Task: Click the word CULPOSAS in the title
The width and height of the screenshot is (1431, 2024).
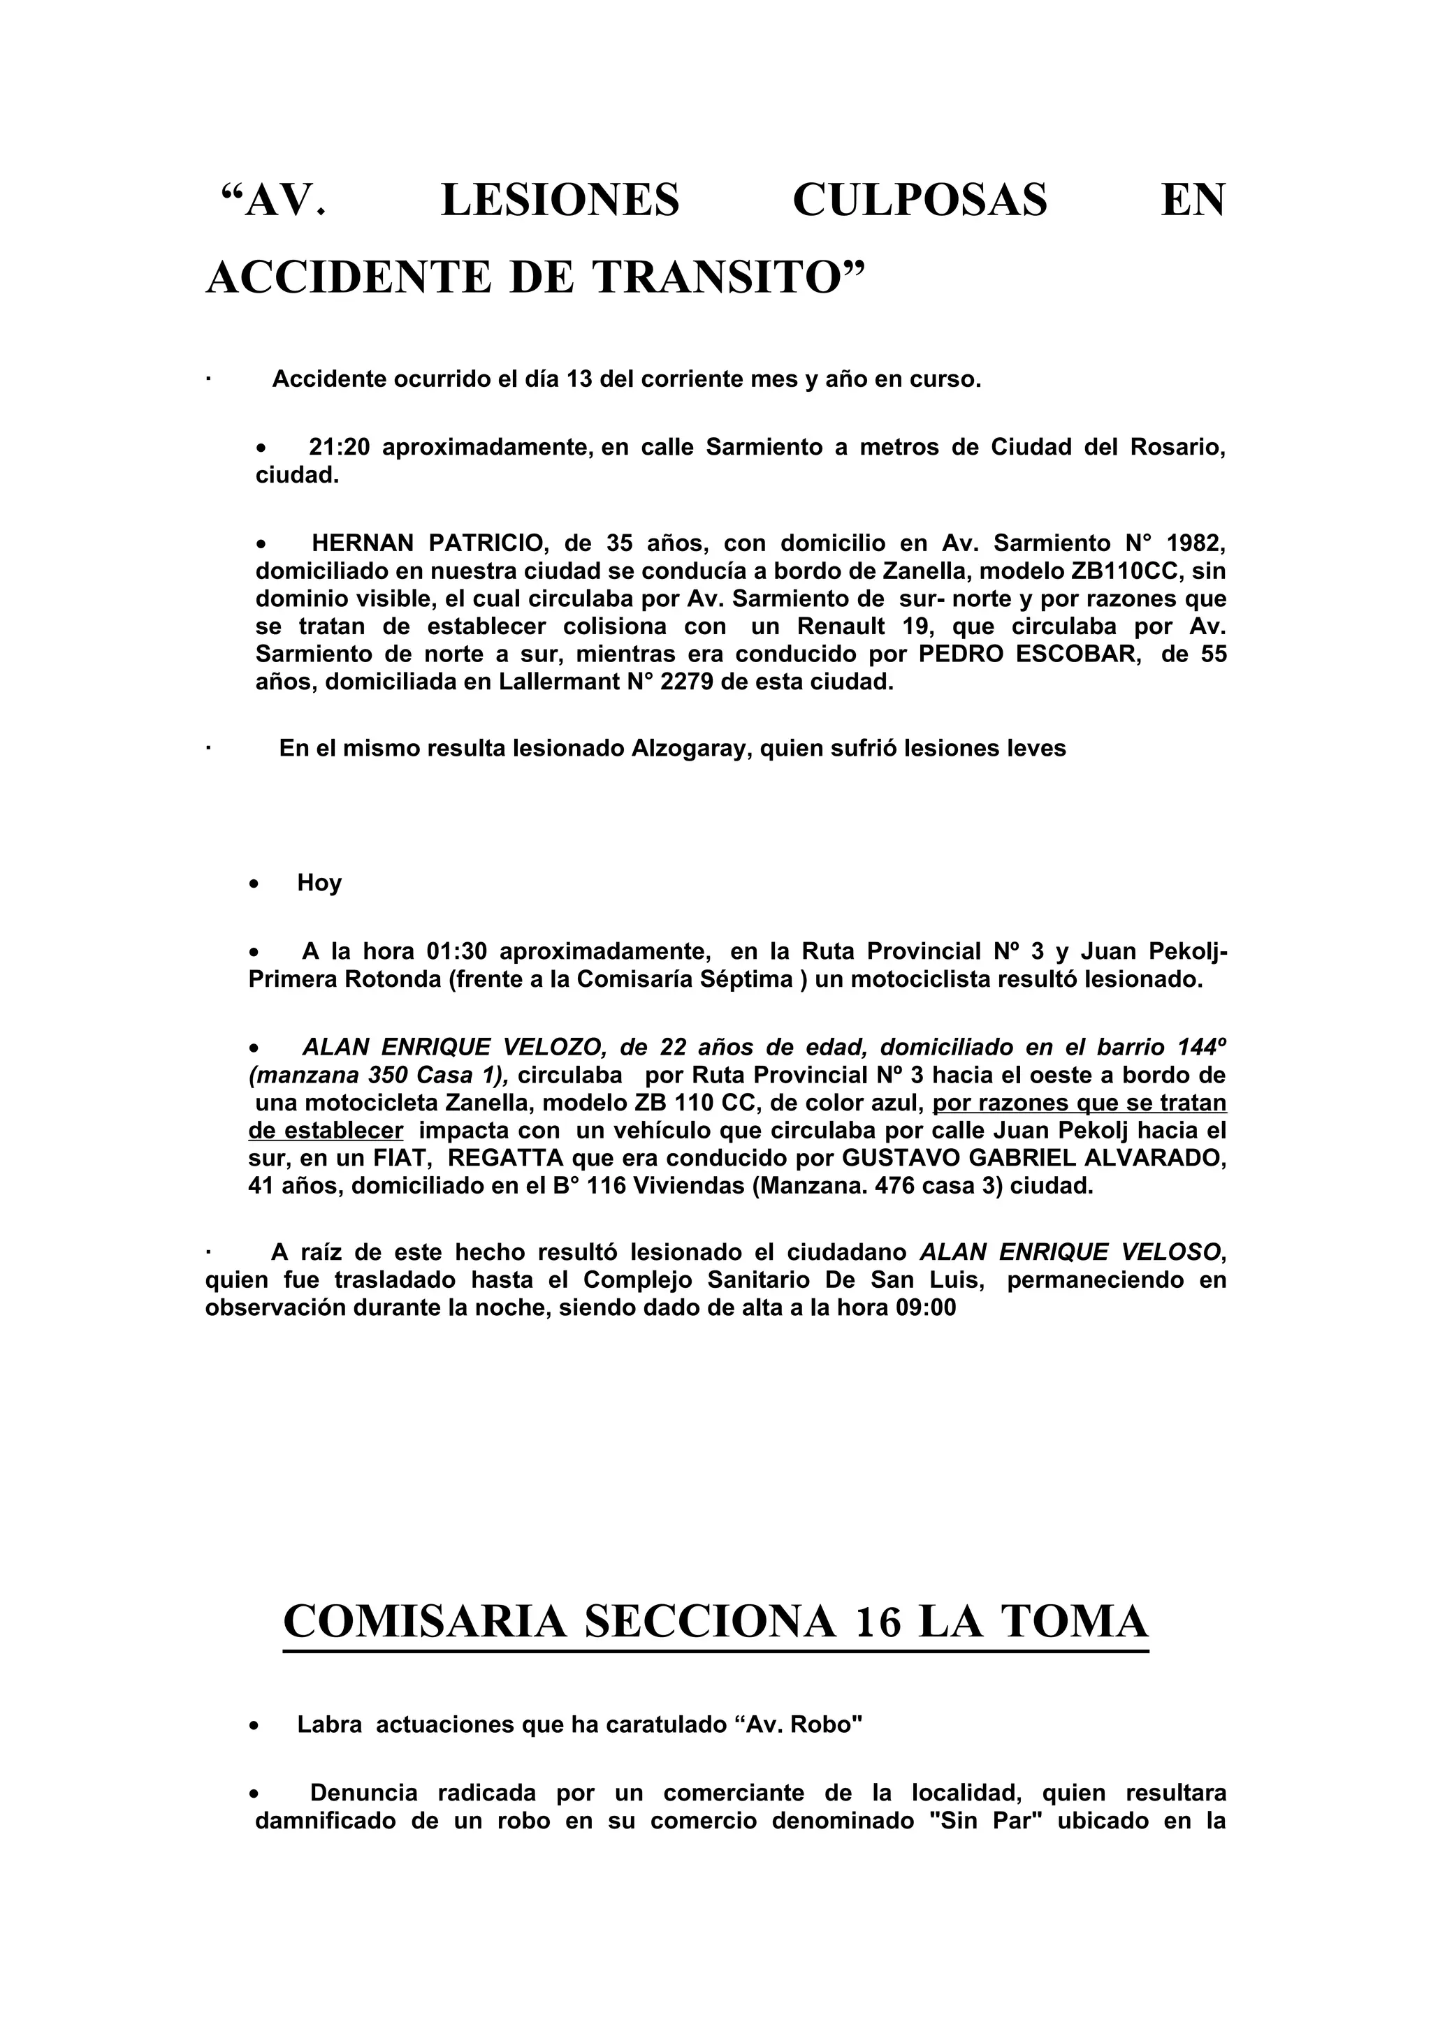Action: [x=920, y=200]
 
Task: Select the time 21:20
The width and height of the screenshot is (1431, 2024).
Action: [x=339, y=447]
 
